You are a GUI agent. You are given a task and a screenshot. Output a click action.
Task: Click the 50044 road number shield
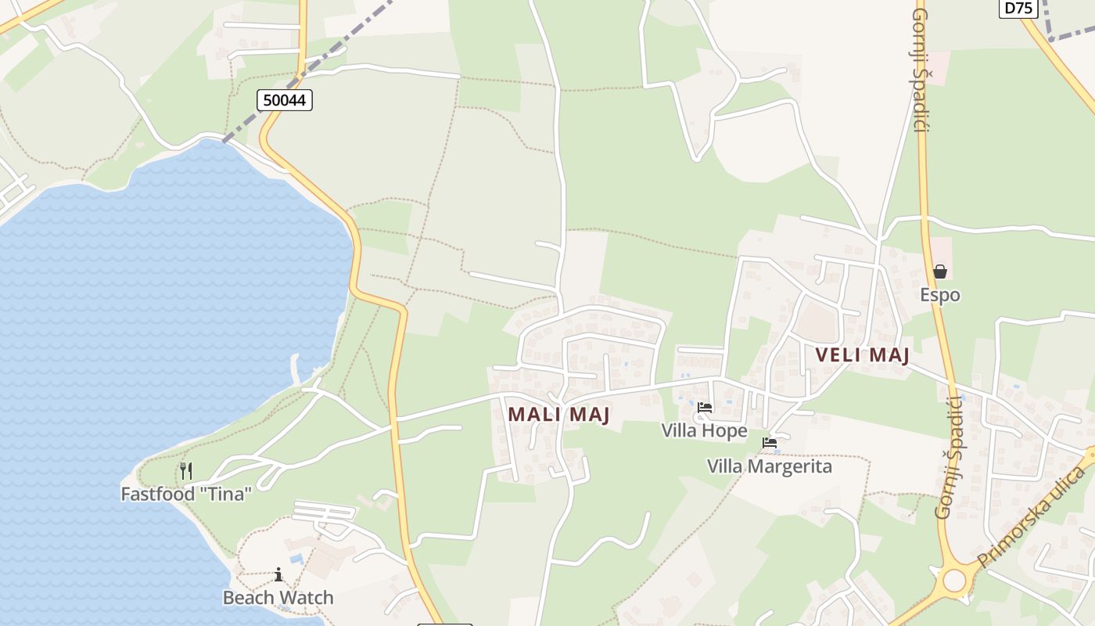coord(285,100)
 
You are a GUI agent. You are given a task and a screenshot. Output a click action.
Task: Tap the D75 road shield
coord(1018,8)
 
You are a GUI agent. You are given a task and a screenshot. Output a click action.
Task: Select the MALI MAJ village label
coord(558,414)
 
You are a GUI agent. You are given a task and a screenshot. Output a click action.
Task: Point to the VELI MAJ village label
coord(862,355)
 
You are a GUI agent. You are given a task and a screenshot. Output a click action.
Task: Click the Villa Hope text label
coord(704,430)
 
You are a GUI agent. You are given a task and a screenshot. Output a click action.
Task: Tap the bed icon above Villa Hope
coord(705,408)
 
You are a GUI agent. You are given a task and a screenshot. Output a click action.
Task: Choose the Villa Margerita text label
coord(770,466)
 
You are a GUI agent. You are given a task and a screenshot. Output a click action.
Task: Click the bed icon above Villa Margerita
coord(770,443)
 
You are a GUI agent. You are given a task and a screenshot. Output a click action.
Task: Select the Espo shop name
coord(940,295)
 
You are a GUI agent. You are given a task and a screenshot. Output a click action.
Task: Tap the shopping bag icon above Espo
coord(940,272)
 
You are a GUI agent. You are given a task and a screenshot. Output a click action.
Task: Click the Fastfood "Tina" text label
coord(186,494)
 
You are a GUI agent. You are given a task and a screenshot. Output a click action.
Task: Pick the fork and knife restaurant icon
coord(186,470)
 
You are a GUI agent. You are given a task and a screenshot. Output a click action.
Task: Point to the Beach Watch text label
coord(278,598)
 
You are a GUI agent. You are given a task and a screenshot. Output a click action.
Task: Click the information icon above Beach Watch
coord(278,575)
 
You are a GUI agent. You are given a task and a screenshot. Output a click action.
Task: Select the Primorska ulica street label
coord(1032,517)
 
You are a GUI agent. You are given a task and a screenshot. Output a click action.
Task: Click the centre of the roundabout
coord(954,581)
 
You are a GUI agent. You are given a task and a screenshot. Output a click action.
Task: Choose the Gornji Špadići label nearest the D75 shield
coord(920,70)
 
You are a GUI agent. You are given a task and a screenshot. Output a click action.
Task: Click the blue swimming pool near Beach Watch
coord(296,559)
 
